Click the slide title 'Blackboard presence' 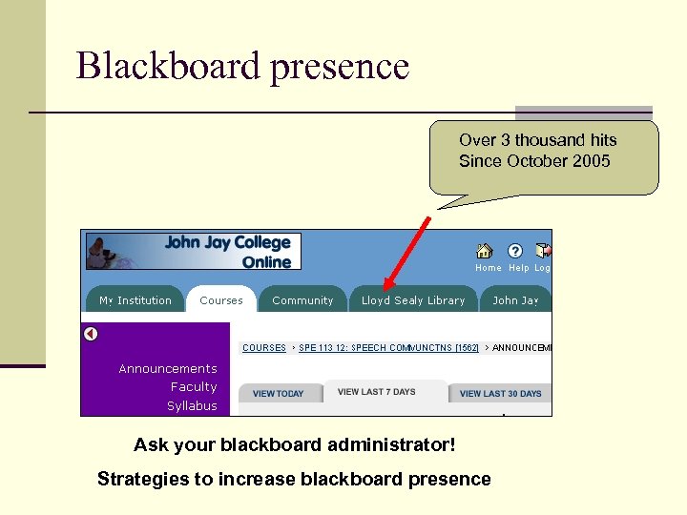(x=242, y=67)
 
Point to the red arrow (x=405, y=253)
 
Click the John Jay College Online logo (x=194, y=252)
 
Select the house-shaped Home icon (x=485, y=251)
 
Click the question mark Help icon (x=515, y=251)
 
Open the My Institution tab (x=135, y=300)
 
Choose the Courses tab (x=221, y=300)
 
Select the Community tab (x=302, y=300)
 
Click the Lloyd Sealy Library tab (x=413, y=300)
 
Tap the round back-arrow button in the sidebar (x=91, y=334)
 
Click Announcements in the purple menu (x=168, y=369)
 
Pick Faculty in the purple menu (x=194, y=387)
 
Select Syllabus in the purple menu (x=192, y=406)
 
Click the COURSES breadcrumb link (x=264, y=348)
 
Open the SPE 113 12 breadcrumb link (x=388, y=348)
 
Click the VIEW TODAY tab (x=278, y=394)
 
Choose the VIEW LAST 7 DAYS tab (x=377, y=392)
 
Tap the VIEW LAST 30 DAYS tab (x=500, y=394)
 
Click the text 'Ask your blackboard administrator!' (x=295, y=445)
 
